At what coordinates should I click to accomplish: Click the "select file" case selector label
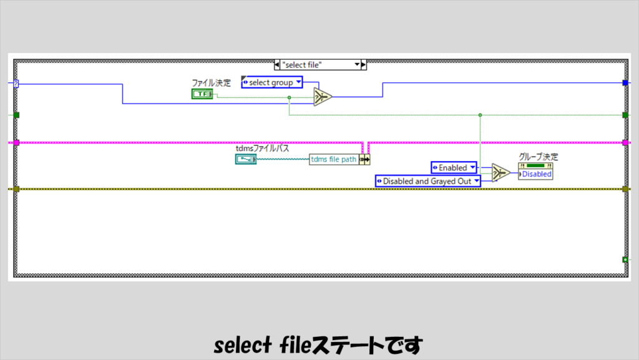[317, 64]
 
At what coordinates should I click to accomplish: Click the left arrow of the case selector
[277, 64]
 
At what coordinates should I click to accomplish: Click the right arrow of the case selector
[364, 64]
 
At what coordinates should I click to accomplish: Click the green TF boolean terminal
[202, 94]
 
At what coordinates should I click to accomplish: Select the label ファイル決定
[211, 83]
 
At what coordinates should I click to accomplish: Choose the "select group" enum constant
[272, 82]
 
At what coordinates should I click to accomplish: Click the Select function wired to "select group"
[323, 97]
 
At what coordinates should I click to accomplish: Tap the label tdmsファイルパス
[262, 148]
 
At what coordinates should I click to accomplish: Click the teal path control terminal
[245, 159]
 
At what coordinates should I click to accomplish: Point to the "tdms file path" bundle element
[334, 160]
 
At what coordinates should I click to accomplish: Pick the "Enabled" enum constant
[454, 167]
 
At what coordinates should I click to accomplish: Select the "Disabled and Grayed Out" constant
[428, 181]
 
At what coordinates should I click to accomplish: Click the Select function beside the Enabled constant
[500, 173]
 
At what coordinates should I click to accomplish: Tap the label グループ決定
[539, 157]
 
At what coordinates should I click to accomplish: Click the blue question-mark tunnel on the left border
[16, 84]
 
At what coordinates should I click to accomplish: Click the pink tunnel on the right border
[625, 143]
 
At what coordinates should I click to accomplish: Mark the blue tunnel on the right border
[625, 83]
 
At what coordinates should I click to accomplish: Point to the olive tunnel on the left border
[16, 188]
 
